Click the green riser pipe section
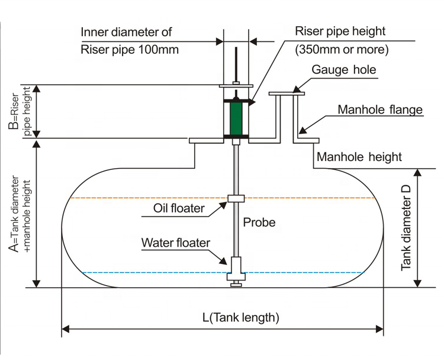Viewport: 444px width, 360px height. tap(236, 119)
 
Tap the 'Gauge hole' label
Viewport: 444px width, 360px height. tap(345, 70)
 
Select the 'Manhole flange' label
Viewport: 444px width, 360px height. tap(380, 110)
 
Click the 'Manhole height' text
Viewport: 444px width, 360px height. tap(359, 157)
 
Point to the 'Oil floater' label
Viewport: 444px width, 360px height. tap(179, 208)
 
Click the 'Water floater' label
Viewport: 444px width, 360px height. tap(175, 243)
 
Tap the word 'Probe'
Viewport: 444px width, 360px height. tap(259, 223)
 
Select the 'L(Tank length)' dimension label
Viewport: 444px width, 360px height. tap(240, 317)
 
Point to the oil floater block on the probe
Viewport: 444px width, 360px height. tap(236, 198)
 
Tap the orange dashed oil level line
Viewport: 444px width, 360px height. tap(148, 198)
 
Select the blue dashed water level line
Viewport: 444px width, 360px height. tap(148, 273)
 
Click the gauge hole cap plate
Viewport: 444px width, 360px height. tap(287, 92)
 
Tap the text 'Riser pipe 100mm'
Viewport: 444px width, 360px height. tap(129, 50)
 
